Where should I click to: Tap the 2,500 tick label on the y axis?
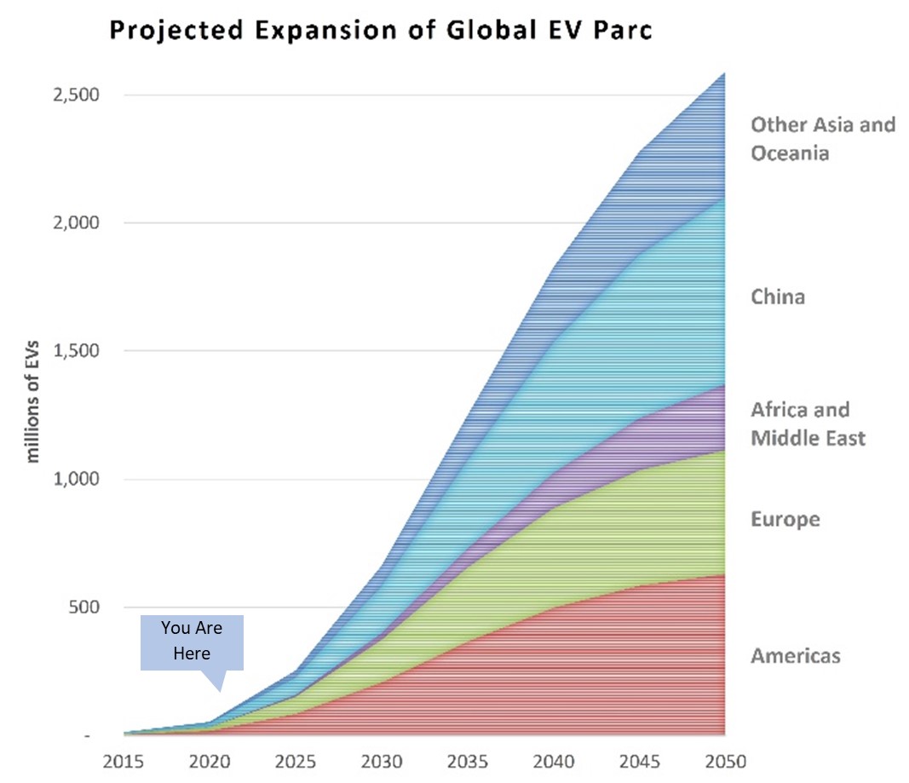[x=76, y=95]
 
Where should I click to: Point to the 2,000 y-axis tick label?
[x=76, y=222]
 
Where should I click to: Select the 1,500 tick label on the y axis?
[x=76, y=351]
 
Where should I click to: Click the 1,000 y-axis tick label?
[x=76, y=479]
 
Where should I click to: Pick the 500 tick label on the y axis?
[x=83, y=607]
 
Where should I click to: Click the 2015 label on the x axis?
[x=124, y=761]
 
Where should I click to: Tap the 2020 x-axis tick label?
[x=209, y=761]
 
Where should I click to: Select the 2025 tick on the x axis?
[x=295, y=761]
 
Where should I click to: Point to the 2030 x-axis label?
[x=381, y=761]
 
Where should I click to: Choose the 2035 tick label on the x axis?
[x=467, y=761]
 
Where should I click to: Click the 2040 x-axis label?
[x=553, y=761]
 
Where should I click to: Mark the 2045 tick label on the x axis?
[x=639, y=761]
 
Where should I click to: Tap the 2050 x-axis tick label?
[x=724, y=761]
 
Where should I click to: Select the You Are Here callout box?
[x=192, y=642]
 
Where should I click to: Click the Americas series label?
[x=796, y=656]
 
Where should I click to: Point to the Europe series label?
[x=785, y=519]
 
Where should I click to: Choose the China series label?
[x=777, y=297]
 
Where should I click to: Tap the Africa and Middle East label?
[x=808, y=424]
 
